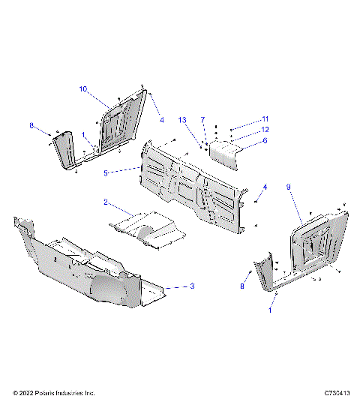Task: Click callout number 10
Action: [x=83, y=88]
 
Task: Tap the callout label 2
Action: [x=106, y=202]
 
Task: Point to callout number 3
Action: [x=193, y=286]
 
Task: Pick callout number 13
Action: [x=182, y=119]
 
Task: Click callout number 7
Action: [x=202, y=119]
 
